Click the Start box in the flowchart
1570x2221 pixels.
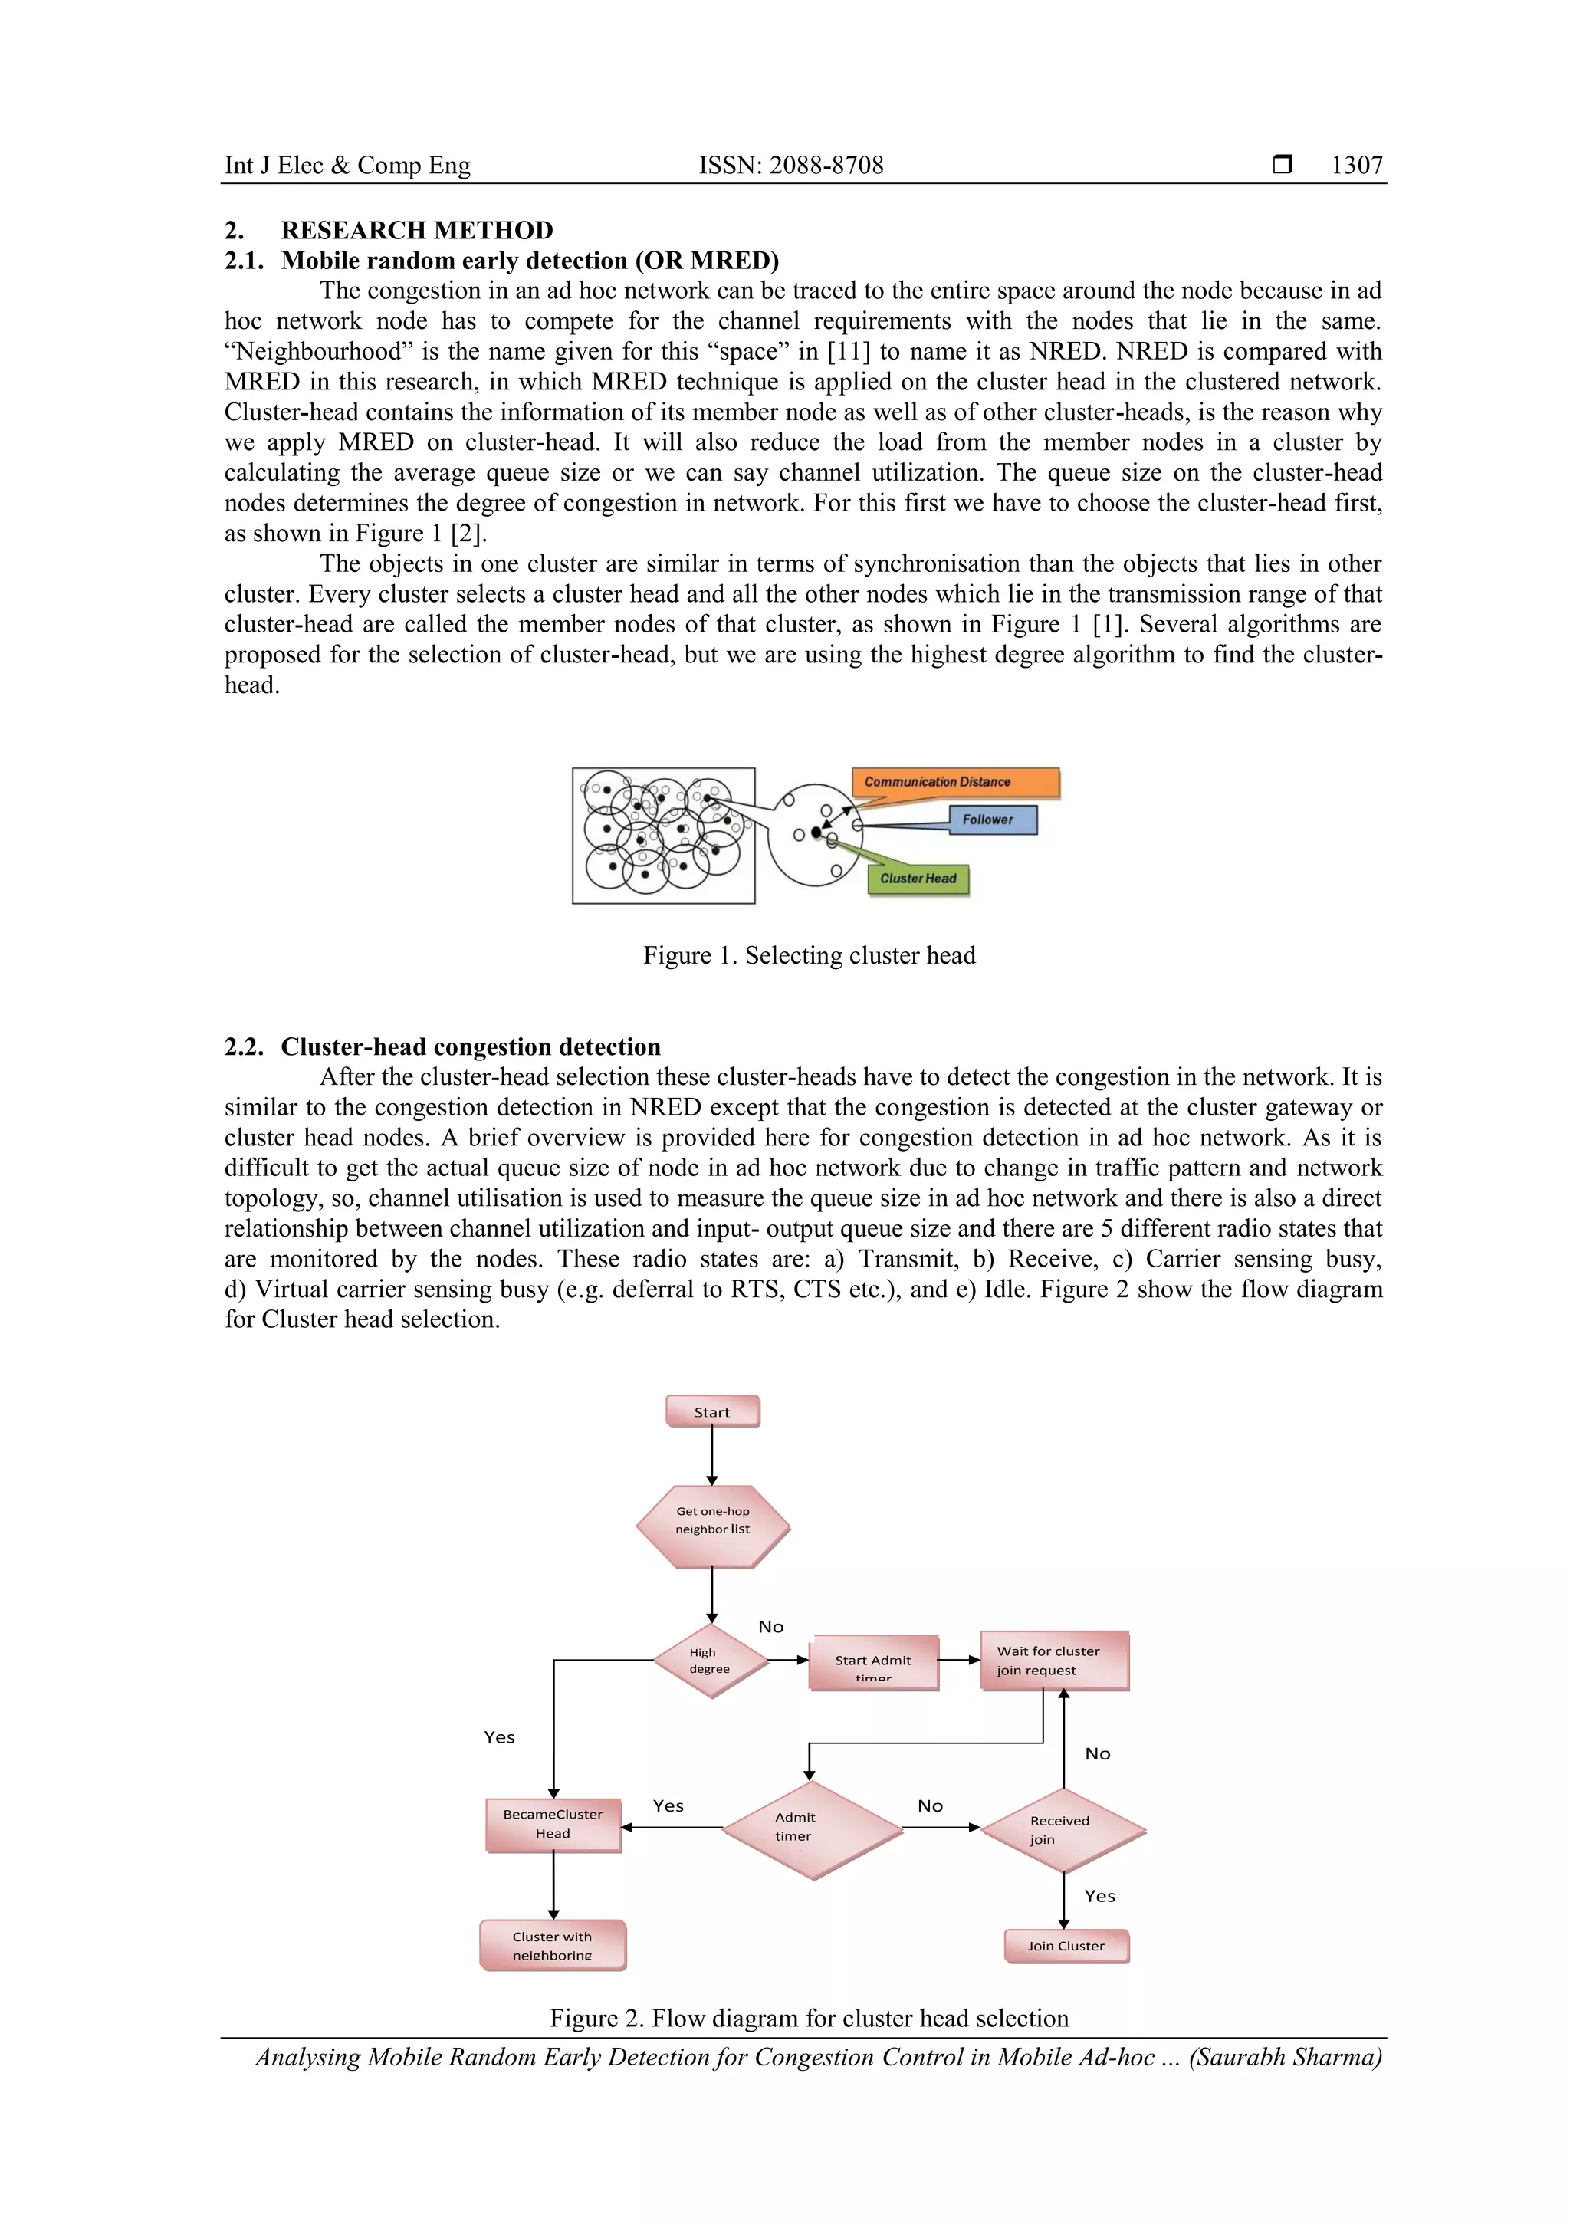(x=712, y=1411)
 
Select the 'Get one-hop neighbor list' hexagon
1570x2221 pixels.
(x=712, y=1520)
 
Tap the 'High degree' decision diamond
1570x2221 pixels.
(x=709, y=1661)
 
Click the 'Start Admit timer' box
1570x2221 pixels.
(x=872, y=1662)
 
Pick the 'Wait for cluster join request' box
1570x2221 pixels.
(x=1053, y=1660)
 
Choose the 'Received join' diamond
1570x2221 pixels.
(x=1063, y=1829)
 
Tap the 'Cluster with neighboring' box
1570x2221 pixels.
(x=553, y=1944)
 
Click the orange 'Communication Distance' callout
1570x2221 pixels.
(x=954, y=782)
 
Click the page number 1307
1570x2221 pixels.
(x=1356, y=166)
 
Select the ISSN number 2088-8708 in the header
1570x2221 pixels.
(x=826, y=166)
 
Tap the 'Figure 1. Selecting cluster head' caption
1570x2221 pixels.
(x=809, y=956)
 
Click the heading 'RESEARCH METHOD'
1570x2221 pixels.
(x=417, y=230)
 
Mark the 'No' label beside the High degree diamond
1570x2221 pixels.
(x=771, y=1627)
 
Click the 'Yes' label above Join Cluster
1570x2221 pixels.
(x=1100, y=1896)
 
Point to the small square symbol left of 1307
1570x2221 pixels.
(x=1282, y=166)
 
